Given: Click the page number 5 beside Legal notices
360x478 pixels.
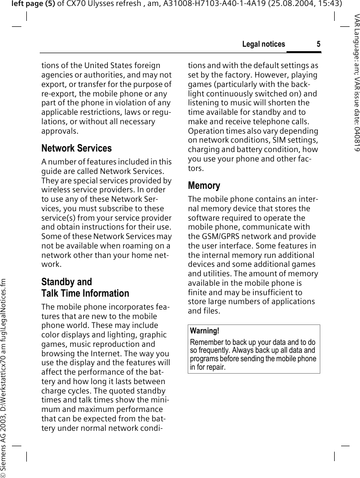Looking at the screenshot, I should tap(318, 44).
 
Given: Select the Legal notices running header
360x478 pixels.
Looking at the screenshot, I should tap(263, 44).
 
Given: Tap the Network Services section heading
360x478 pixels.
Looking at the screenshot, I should tap(76, 148).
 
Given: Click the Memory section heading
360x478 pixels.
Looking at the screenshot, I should tap(204, 185).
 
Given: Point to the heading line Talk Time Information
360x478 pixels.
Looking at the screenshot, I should tap(85, 293).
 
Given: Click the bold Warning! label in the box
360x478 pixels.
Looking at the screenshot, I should tap(205, 331).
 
